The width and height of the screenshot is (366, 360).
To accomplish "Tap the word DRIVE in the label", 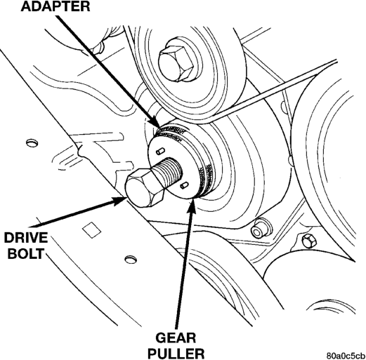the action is coord(26,238).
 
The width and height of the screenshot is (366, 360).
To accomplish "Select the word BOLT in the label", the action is coord(26,253).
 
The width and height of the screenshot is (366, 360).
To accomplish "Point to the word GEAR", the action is coord(176,338).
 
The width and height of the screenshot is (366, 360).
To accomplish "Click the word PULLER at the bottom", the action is coord(176,354).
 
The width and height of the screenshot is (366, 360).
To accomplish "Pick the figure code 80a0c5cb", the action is coord(346,356).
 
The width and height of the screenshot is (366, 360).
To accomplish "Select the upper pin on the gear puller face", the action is coord(161,151).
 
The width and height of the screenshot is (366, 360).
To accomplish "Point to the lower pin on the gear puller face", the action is coord(184,185).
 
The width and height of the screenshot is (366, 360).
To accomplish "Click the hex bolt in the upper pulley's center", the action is coord(176,63).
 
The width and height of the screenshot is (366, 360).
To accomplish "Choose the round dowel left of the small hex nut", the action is coord(259,229).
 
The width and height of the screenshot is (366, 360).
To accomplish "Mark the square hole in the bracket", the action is coord(91,229).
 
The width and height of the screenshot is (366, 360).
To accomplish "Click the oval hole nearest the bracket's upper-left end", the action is coord(32,142).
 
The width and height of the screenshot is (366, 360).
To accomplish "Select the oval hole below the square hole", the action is coord(131,260).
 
